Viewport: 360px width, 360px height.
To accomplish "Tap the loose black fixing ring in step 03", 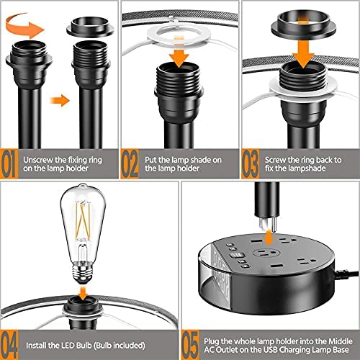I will pyautogui.click(x=297, y=18).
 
